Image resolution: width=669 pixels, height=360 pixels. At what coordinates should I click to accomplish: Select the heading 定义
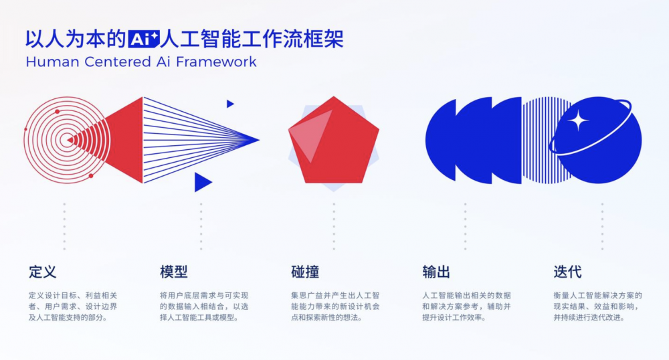(x=42, y=272)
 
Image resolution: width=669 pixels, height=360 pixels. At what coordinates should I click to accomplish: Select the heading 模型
(x=173, y=272)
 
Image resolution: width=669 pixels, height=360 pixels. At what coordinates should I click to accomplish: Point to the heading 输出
(x=436, y=272)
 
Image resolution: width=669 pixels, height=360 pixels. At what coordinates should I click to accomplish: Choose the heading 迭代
(x=567, y=272)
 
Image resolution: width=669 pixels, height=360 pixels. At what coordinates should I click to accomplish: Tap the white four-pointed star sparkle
(x=579, y=121)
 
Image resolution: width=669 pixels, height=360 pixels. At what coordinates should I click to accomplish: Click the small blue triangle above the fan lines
(x=229, y=104)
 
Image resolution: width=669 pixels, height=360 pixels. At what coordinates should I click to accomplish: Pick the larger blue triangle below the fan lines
(x=201, y=182)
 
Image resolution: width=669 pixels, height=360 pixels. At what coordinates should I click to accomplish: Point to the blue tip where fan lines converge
(x=256, y=140)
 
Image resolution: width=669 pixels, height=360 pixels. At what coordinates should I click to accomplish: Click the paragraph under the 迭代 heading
(x=597, y=306)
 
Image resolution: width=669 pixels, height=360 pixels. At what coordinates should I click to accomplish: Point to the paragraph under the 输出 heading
(x=466, y=306)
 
